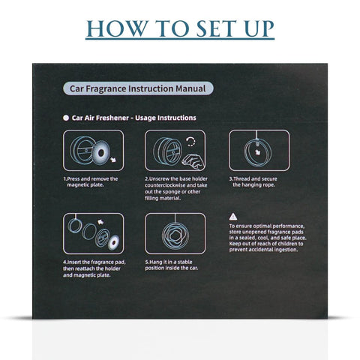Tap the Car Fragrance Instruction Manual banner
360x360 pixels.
[138, 88]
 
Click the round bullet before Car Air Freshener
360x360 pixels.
[66, 118]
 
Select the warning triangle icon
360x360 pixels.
[233, 217]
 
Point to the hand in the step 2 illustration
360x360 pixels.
[194, 161]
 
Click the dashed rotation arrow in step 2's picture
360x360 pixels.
[190, 141]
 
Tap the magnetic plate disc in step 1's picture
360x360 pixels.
[100, 152]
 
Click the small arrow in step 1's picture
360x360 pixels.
[113, 159]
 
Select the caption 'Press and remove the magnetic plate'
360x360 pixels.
[91, 181]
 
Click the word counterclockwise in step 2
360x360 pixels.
[165, 185]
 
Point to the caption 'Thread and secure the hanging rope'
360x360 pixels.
[253, 181]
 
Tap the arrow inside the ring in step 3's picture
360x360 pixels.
[257, 151]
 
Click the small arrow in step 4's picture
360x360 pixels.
[100, 222]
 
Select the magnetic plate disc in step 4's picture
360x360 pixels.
[114, 242]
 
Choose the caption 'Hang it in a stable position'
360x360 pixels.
[172, 265]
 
